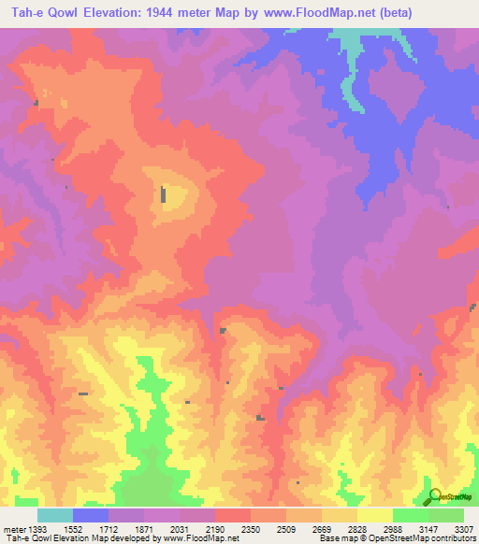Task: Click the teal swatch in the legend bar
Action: [x=55, y=515]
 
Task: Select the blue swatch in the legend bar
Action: [x=91, y=515]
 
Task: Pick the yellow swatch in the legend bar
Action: [x=375, y=515]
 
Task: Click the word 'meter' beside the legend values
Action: [x=13, y=528]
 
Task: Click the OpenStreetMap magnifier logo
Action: [x=432, y=495]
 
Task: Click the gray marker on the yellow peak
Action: [x=164, y=195]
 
